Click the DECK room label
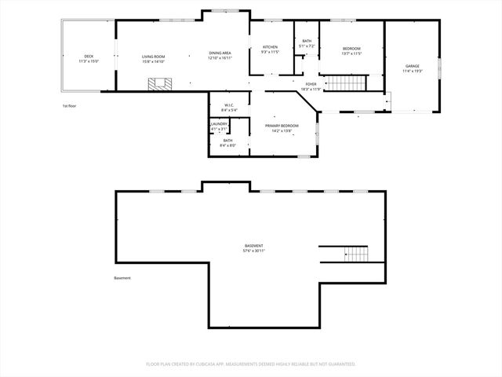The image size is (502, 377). pos(89,57)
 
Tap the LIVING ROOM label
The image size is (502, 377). pos(153,57)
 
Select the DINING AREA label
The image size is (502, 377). pos(220,53)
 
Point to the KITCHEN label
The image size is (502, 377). pos(270,47)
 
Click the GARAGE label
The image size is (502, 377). pos(412,66)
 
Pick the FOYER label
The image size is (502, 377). pos(311,84)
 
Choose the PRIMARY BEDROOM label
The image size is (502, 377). pos(281,125)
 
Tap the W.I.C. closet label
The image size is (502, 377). pos(229,105)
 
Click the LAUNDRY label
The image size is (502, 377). pos(219,124)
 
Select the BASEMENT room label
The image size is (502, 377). pos(253,246)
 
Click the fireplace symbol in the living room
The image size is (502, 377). pos(162,84)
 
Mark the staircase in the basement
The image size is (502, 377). pos(356,254)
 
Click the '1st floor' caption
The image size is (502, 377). pos(69,105)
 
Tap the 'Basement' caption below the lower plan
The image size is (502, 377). pos(122,278)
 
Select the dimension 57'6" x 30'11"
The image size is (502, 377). pos(253,251)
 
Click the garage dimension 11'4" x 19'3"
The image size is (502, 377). pos(412,71)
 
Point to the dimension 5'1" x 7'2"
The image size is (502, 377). pos(306,46)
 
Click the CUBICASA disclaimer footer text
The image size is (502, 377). pos(251,364)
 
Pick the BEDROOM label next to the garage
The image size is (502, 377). pos(351,49)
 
